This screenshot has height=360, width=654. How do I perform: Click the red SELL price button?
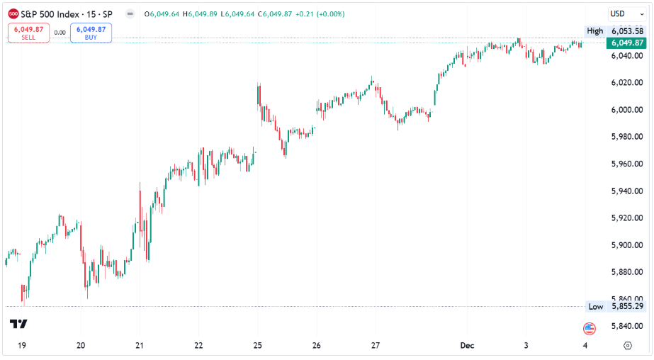(x=28, y=33)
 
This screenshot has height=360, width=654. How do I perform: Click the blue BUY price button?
(x=91, y=33)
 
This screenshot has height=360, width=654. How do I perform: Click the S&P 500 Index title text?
(x=53, y=13)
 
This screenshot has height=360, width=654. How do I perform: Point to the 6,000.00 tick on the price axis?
(x=628, y=110)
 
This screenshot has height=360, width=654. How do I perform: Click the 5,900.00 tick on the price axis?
(x=628, y=245)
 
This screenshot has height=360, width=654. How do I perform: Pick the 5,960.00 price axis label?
(x=628, y=164)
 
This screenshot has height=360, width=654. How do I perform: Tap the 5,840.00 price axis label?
(x=628, y=326)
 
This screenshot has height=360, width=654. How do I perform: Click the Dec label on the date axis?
(x=467, y=346)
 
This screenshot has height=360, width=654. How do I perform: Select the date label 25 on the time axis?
(x=258, y=346)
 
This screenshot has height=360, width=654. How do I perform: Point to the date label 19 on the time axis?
(x=22, y=346)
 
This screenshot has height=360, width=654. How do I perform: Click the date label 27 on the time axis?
(x=376, y=346)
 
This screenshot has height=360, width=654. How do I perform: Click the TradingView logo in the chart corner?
(x=18, y=325)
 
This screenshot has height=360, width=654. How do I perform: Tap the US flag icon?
(x=589, y=328)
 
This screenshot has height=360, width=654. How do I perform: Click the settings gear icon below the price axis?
(x=627, y=346)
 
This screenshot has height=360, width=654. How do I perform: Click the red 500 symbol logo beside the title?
(x=13, y=13)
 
